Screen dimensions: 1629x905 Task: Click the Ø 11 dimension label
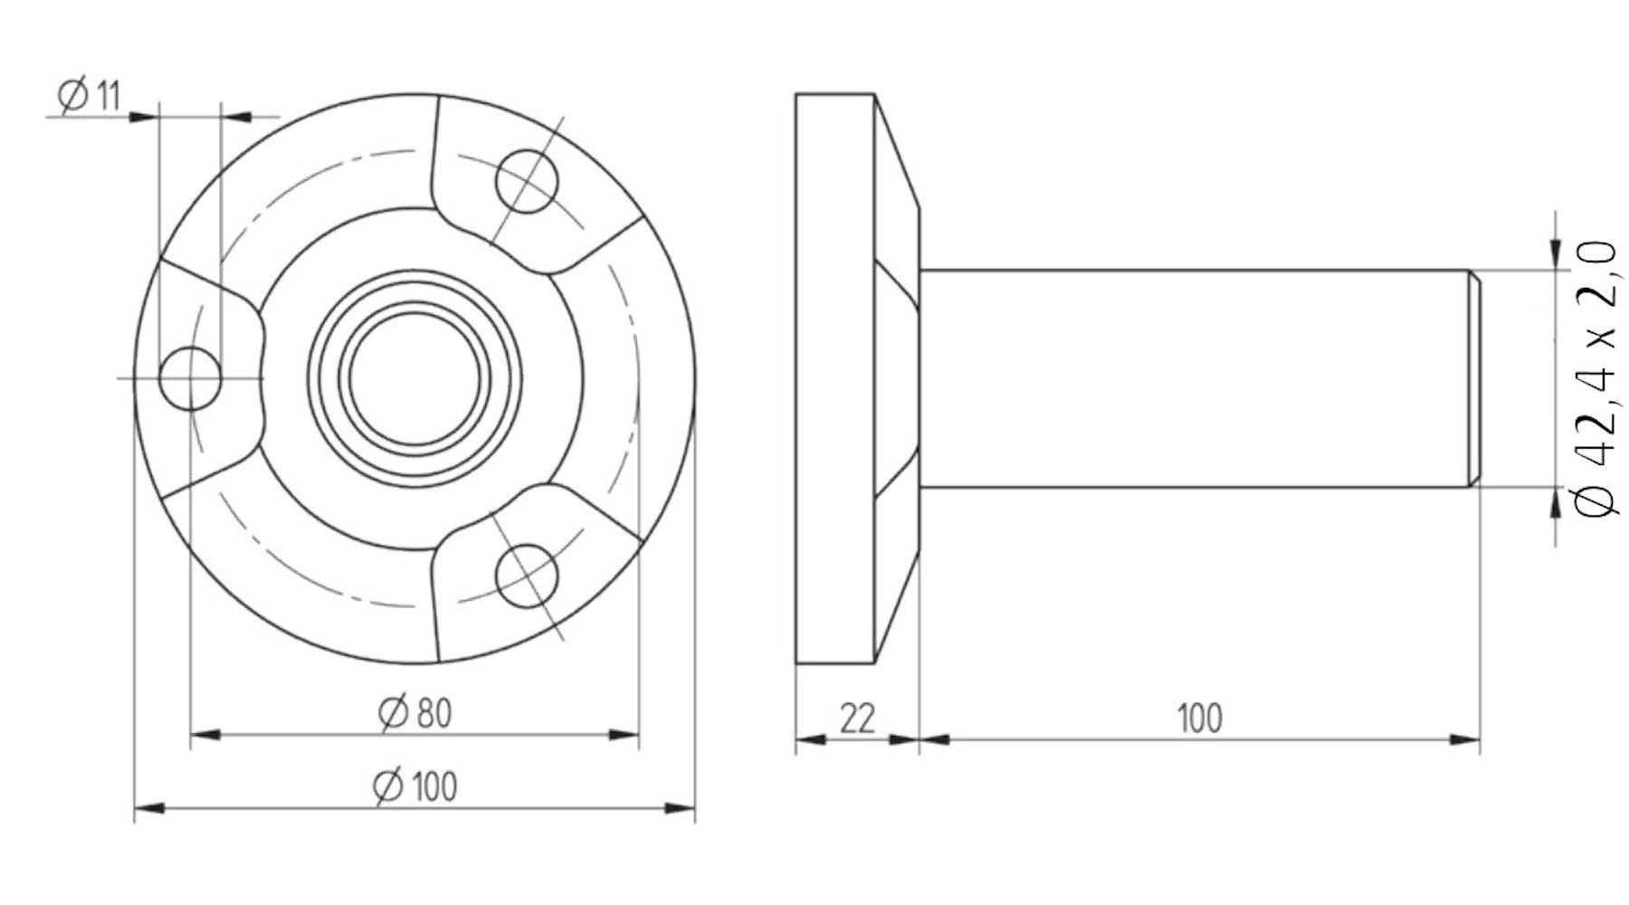click(x=89, y=95)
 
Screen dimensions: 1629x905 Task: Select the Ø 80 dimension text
click(x=414, y=713)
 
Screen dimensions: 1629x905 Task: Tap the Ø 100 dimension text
click(x=414, y=786)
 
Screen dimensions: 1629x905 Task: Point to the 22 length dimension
click(x=857, y=719)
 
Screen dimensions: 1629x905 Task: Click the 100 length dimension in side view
click(x=1199, y=719)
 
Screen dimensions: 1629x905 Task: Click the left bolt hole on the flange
click(x=190, y=377)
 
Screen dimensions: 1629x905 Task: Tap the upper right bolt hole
click(x=527, y=180)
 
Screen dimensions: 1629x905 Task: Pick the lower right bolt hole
click(x=527, y=576)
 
